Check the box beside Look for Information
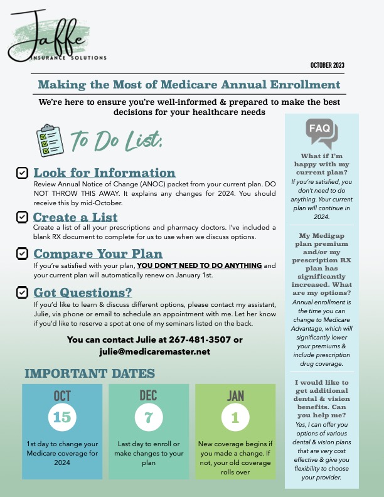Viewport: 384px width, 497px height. pyautogui.click(x=22, y=173)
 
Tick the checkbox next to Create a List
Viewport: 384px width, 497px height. pyautogui.click(x=22, y=216)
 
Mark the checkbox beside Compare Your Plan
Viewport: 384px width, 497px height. pyautogui.click(x=22, y=254)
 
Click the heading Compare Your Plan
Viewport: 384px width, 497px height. pyautogui.click(x=97, y=254)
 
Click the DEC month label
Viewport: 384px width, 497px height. pyautogui.click(x=149, y=396)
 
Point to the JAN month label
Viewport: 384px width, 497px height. pyautogui.click(x=235, y=396)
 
